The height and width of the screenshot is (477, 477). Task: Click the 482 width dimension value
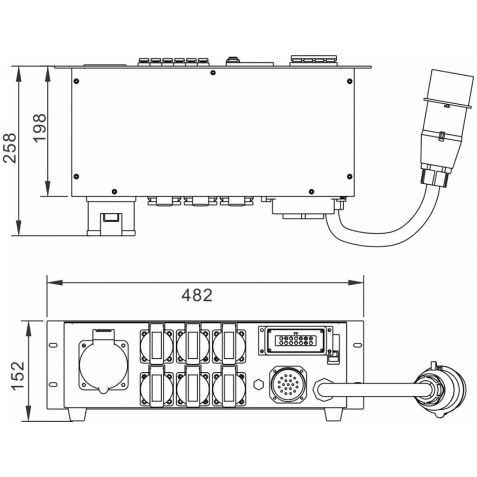pyautogui.click(x=197, y=295)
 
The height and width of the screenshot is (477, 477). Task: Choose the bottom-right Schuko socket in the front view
pyautogui.click(x=229, y=386)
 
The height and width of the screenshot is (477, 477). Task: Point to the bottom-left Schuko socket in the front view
pyautogui.click(x=157, y=386)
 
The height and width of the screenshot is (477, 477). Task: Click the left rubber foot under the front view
pyautogui.click(x=77, y=414)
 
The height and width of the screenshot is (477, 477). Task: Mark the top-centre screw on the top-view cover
pyautogui.click(x=212, y=72)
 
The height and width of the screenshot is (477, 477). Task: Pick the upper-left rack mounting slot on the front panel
pyautogui.click(x=53, y=345)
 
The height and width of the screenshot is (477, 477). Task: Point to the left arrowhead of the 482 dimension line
pyautogui.click(x=54, y=283)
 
